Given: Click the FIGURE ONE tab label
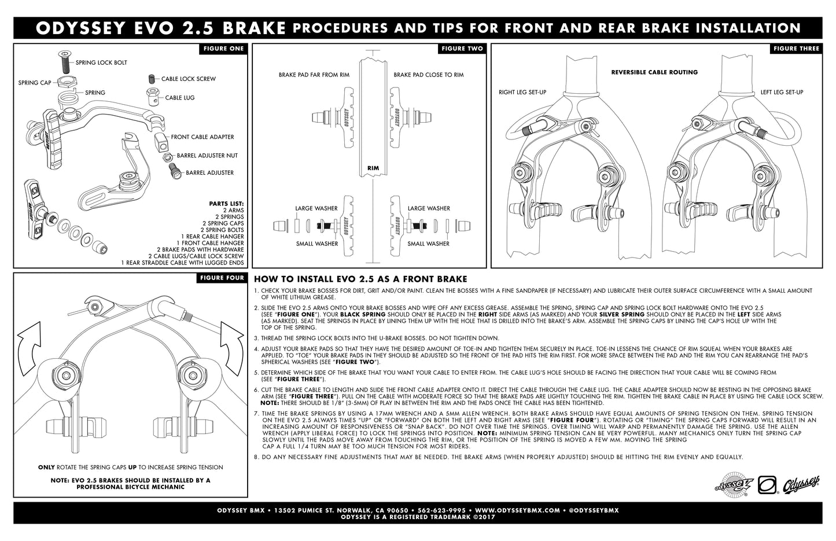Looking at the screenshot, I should tap(223, 49).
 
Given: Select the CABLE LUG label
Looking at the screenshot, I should tap(179, 98).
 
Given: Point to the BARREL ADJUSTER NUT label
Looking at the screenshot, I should tap(207, 156).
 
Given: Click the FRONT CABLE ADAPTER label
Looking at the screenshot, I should tap(202, 137).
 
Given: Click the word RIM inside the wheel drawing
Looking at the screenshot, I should tap(373, 168).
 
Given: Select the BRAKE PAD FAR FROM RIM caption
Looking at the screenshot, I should tap(314, 75).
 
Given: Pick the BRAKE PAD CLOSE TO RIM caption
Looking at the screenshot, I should tap(429, 75).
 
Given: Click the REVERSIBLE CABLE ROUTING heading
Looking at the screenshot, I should tap(654, 72).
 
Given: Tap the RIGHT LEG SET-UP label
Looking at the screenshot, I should tap(522, 92).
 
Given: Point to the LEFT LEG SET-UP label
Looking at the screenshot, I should tap(782, 92).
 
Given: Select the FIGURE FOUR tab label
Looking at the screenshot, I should tap(222, 278).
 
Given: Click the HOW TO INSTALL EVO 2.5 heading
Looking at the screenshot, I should tap(360, 279).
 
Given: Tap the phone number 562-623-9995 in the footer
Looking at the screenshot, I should tap(441, 510).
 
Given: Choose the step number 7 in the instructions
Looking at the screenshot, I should tap(256, 413).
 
